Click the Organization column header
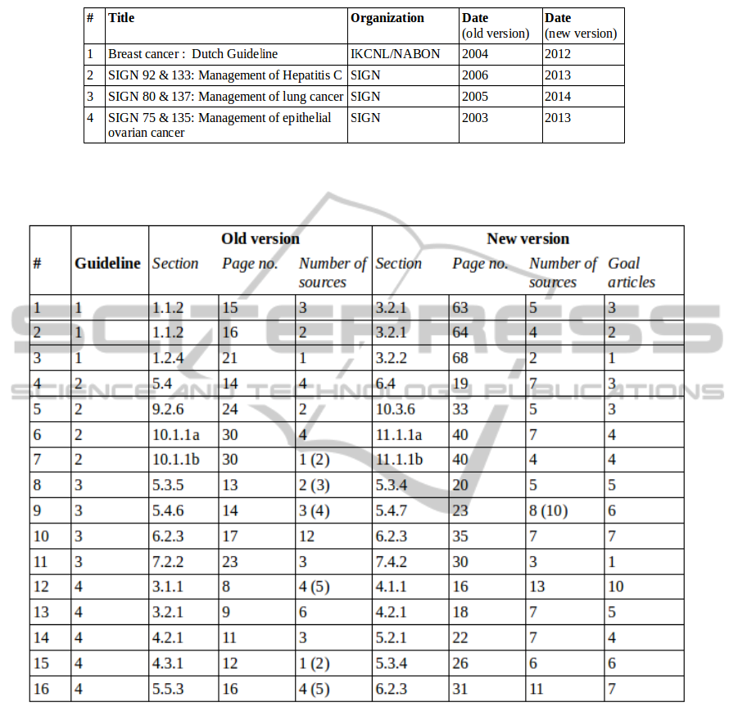coord(387,18)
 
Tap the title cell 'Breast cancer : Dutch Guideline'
coord(193,54)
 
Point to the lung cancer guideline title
coord(225,97)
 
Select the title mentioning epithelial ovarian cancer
coord(220,125)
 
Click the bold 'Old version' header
coord(260,239)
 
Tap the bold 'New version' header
coord(527,239)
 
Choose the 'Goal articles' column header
coord(631,273)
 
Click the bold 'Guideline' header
coord(108,264)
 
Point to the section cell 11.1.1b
coord(400,459)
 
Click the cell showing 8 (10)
coord(548,511)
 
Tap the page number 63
coord(460,308)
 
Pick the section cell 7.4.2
coord(393,562)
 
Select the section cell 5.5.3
coord(168,689)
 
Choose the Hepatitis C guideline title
coord(227,75)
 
